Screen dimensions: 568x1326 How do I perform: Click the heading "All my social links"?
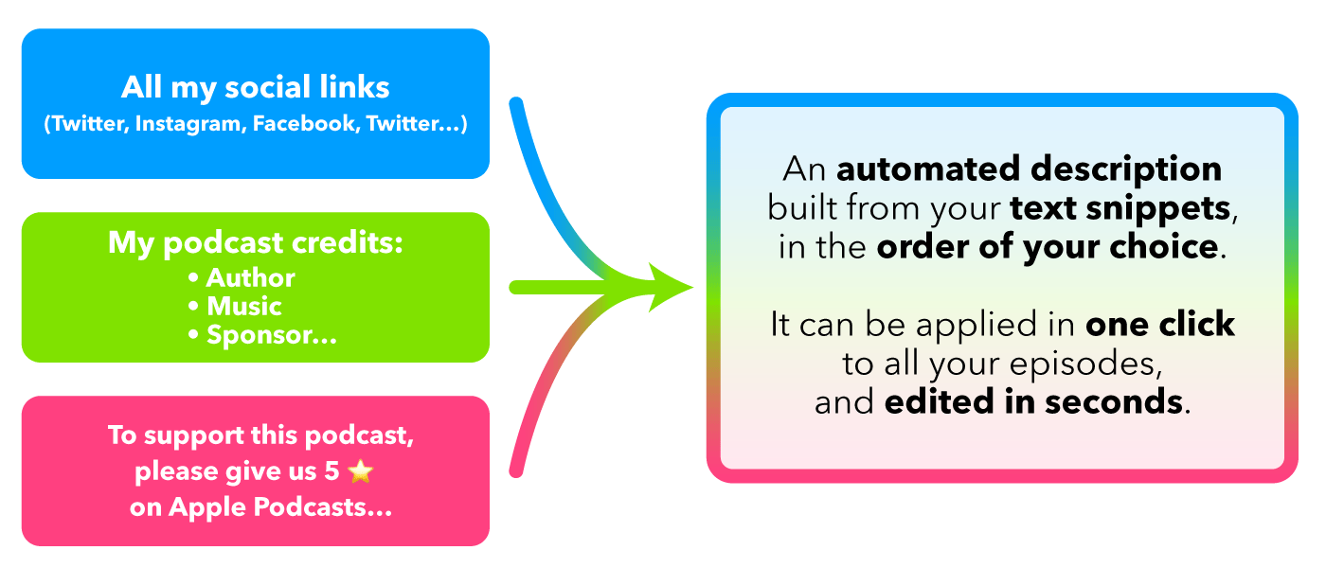(256, 88)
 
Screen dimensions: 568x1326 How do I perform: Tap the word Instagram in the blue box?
(190, 125)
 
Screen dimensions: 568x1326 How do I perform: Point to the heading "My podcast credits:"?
(256, 243)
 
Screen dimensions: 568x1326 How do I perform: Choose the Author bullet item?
(250, 278)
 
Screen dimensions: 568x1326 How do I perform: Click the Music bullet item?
(243, 307)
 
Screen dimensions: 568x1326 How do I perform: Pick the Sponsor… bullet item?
(271, 335)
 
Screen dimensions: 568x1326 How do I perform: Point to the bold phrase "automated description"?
(1030, 170)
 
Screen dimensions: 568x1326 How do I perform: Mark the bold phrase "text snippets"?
(1122, 208)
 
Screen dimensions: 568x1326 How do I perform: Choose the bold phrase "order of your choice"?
(1047, 247)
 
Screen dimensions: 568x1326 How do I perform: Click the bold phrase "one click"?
(1160, 325)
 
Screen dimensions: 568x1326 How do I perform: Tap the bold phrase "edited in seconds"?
(1033, 402)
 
